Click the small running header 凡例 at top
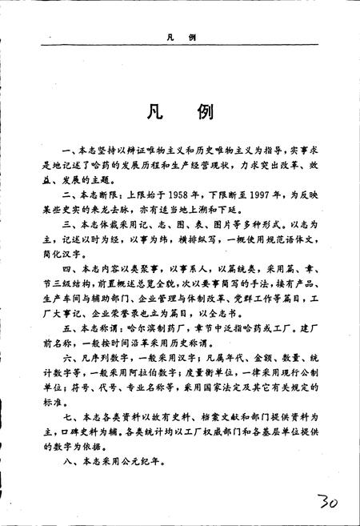coord(180,38)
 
